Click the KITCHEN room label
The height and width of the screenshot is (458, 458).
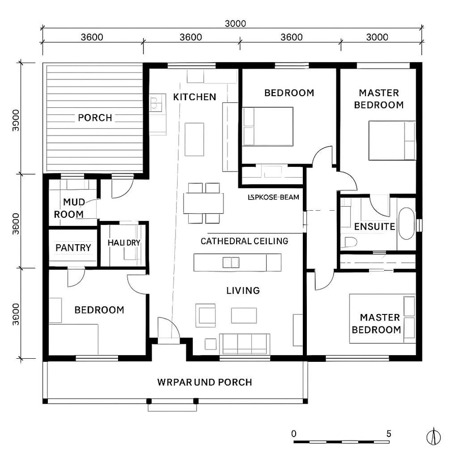pos(194,97)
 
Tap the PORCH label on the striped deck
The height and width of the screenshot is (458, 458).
pos(95,118)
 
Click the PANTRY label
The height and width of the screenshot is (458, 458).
pos(73,248)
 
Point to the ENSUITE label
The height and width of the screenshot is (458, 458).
pos(375,226)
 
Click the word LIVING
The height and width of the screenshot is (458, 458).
pos(243,291)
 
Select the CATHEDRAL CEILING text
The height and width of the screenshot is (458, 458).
pos(244,241)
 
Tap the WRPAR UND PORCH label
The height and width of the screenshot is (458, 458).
pos(205,382)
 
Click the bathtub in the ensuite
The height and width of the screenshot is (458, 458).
pos(406,223)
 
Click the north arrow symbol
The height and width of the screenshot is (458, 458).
pos(434,437)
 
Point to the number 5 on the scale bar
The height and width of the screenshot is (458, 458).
pos(389,434)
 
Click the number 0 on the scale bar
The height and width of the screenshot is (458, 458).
pos(294,434)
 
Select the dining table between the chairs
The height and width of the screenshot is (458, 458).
pos(204,203)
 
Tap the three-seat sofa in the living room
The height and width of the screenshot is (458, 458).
pos(244,343)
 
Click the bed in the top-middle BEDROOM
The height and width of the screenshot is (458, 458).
pos(268,126)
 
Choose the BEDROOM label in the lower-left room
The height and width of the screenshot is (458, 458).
pos(99,310)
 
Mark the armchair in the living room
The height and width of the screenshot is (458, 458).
pos(207,314)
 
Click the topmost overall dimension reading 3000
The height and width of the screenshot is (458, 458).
pos(235,23)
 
